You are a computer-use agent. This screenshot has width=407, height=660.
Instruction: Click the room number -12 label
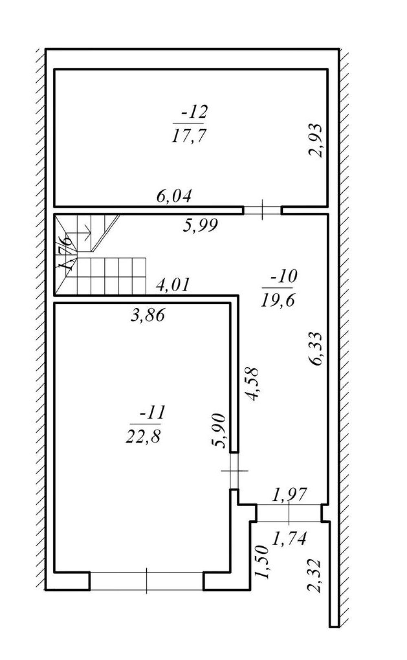click(195, 112)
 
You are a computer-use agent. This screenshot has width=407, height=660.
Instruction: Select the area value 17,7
click(188, 136)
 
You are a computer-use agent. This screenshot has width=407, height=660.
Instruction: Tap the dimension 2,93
click(315, 140)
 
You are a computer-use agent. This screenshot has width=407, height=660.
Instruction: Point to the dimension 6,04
click(174, 196)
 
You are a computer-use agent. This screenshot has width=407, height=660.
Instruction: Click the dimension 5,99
click(200, 226)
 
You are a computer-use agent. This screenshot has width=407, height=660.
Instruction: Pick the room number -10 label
click(284, 276)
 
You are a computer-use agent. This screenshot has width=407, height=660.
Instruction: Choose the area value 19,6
click(278, 300)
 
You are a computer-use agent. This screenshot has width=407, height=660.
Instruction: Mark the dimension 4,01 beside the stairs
click(172, 285)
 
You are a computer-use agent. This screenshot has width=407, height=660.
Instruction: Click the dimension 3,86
click(147, 315)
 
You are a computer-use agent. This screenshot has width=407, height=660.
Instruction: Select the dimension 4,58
click(253, 384)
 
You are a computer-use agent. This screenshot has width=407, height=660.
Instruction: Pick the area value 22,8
click(143, 436)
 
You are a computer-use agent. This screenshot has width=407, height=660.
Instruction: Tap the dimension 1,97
click(290, 495)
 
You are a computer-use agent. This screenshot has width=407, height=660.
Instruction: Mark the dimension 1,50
click(262, 562)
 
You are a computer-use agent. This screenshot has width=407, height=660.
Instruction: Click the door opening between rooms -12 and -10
click(262, 210)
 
